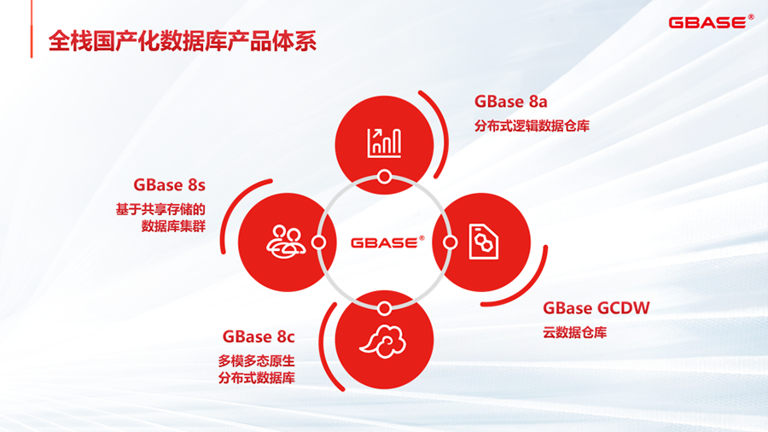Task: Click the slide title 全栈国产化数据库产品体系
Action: [183, 41]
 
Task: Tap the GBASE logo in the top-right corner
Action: [711, 22]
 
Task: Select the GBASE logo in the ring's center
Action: [387, 242]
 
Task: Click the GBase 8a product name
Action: [511, 102]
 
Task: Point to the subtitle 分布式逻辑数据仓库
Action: [532, 126]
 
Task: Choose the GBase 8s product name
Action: [170, 184]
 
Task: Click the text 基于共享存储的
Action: [160, 210]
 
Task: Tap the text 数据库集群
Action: [173, 226]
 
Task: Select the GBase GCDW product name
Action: [596, 308]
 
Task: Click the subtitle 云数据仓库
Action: [574, 333]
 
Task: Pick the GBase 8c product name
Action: [259, 336]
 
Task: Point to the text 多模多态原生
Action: [257, 361]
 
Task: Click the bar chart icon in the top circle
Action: [385, 143]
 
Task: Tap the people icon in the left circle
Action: [286, 242]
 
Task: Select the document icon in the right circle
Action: [484, 242]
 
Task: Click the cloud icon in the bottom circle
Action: [384, 341]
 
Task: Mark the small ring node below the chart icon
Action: [385, 177]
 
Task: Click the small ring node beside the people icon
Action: [319, 242]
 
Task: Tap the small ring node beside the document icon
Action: [450, 242]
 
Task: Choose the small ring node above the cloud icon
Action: [385, 308]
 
